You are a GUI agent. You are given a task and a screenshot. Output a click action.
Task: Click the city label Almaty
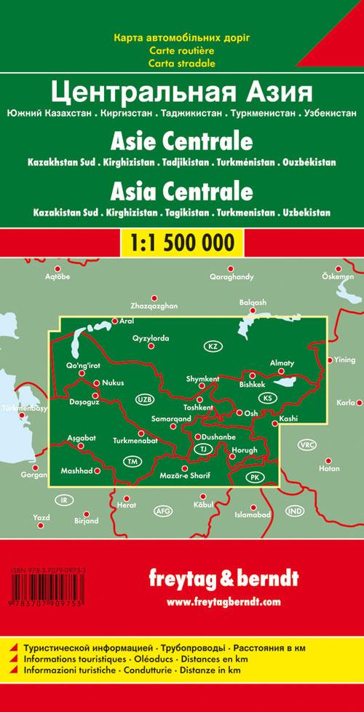282,363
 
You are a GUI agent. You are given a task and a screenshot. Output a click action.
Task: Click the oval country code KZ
213,346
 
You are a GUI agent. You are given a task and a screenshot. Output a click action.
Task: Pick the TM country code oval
132,461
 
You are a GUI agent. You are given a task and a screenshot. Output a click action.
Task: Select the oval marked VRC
306,445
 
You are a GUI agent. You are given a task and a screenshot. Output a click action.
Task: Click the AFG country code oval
163,512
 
